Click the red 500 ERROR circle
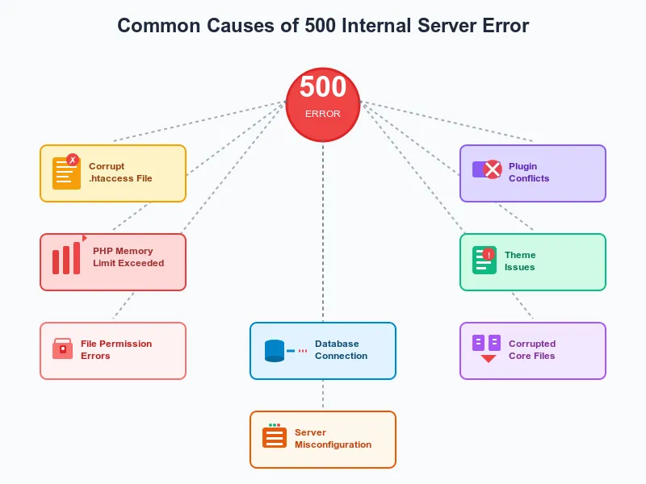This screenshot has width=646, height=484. tap(323, 102)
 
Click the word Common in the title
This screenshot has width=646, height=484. tap(157, 25)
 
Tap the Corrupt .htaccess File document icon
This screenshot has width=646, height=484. tap(66, 173)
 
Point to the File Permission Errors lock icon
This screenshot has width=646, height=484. tap(62, 349)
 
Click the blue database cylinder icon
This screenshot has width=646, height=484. tap(275, 351)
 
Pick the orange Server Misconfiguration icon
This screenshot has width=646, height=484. tap(275, 437)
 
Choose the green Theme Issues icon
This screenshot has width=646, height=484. tap(484, 261)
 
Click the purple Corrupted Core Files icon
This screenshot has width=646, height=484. tap(487, 348)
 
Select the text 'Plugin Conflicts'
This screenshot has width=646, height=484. tap(529, 173)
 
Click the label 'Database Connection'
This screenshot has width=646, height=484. tap(341, 350)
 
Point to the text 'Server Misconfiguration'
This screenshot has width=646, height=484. tap(333, 439)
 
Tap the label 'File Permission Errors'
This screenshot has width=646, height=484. tap(116, 350)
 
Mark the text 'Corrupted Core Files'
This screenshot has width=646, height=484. tap(532, 350)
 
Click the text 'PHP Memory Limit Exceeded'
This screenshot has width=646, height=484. tap(128, 257)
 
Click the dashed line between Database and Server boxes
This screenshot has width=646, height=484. tap(323, 395)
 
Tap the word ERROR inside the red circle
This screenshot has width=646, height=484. tap(323, 115)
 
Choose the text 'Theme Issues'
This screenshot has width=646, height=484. tap(520, 261)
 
